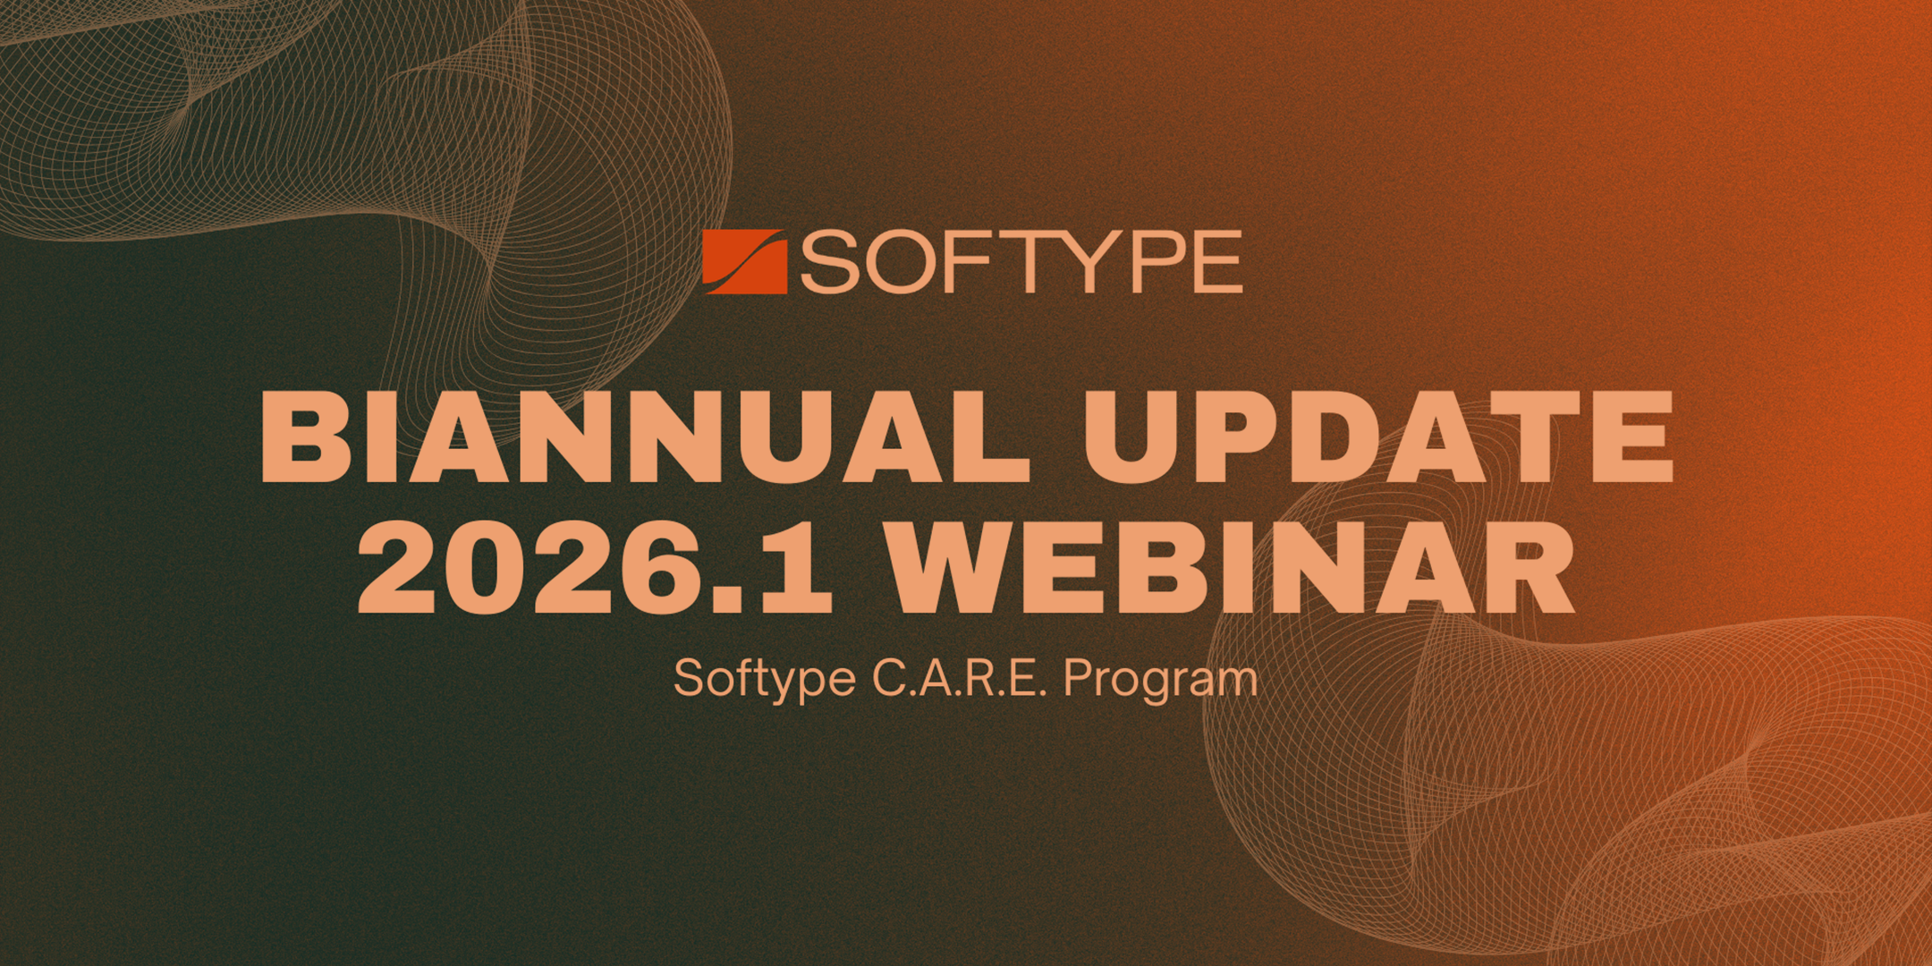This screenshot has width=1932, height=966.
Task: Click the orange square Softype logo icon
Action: (744, 262)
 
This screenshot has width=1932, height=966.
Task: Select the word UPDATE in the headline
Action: (1378, 436)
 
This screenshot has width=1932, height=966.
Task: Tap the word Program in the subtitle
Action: (1160, 680)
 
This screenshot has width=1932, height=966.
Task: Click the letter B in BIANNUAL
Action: (305, 436)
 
